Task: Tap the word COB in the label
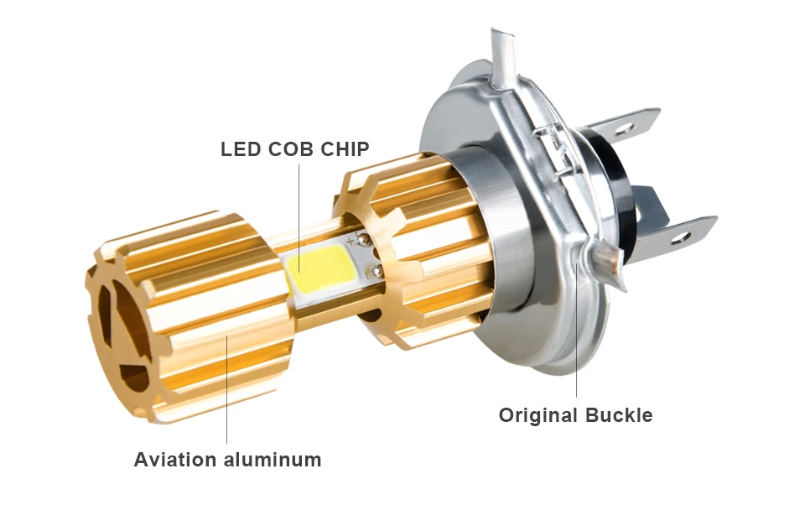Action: (290, 149)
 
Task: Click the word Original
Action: (538, 415)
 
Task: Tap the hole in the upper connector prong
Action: (621, 129)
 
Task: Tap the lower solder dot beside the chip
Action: (375, 270)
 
